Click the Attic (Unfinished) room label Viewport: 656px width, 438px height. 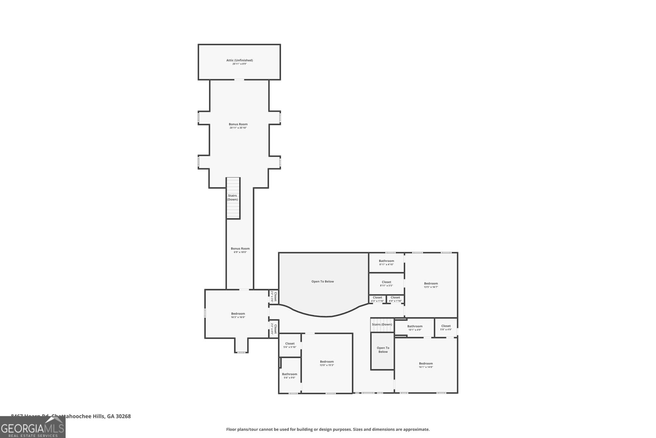(x=239, y=62)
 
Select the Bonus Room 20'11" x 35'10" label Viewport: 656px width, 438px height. (x=238, y=126)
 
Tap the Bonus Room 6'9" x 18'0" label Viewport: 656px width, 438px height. (x=240, y=250)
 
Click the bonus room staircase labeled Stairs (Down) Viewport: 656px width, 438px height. (x=233, y=198)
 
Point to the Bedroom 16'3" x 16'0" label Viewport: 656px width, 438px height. (x=238, y=315)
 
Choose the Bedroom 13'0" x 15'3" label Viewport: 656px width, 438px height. (x=327, y=363)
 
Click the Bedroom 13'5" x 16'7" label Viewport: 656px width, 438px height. (x=431, y=285)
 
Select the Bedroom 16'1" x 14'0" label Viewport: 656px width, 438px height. (x=426, y=365)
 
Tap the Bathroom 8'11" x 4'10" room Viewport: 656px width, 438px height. (x=386, y=262)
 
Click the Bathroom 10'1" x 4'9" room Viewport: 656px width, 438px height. (x=415, y=328)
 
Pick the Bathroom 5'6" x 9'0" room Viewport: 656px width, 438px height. (x=289, y=376)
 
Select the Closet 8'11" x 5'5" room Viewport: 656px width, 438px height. (x=386, y=284)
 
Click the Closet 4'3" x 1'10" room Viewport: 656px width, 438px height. (x=377, y=299)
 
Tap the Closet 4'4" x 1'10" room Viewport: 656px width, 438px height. (x=395, y=299)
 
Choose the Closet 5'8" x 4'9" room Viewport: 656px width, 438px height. (x=446, y=328)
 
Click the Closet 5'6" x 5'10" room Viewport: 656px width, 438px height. (x=289, y=345)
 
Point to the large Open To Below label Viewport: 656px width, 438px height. (x=323, y=282)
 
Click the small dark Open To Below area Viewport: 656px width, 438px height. (x=383, y=351)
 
